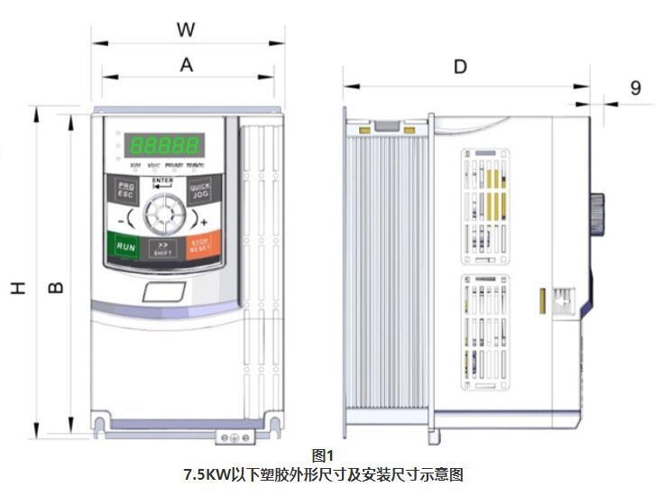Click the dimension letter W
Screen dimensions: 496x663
pyautogui.click(x=186, y=29)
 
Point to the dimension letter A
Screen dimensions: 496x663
pyautogui.click(x=187, y=64)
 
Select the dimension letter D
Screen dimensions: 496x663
pyautogui.click(x=460, y=67)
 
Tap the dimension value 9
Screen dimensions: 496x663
pyautogui.click(x=635, y=87)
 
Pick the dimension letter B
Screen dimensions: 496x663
pyautogui.click(x=55, y=288)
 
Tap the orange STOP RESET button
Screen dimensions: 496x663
pyautogui.click(x=199, y=245)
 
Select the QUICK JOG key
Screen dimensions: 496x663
pyautogui.click(x=199, y=191)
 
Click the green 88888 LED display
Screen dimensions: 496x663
pyautogui.click(x=163, y=145)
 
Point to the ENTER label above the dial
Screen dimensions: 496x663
pyautogui.click(x=163, y=181)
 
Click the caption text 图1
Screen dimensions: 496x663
pyautogui.click(x=322, y=455)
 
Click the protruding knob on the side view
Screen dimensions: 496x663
pyautogui.click(x=596, y=215)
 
